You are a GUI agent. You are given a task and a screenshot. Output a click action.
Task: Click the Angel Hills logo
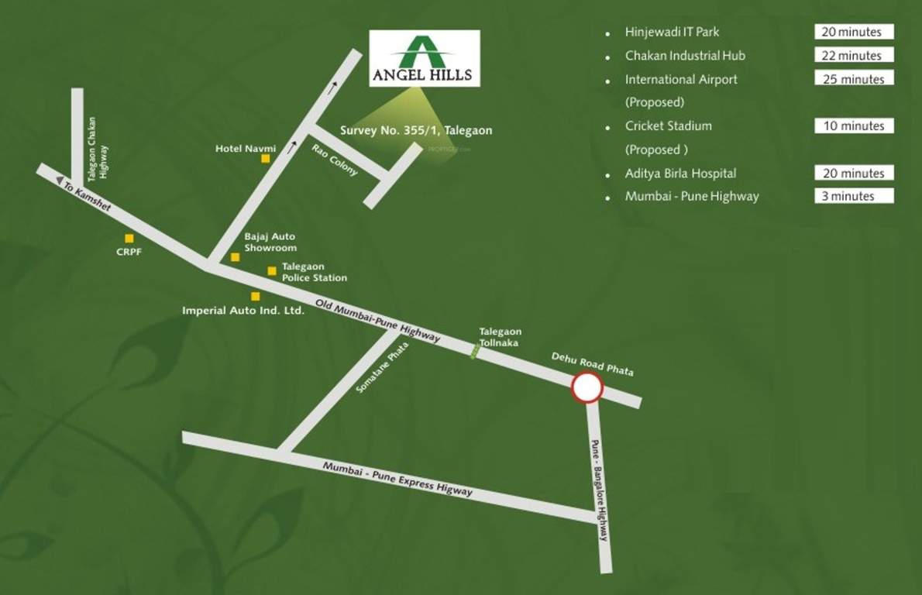(424, 58)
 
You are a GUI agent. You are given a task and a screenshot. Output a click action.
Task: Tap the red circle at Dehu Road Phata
(587, 388)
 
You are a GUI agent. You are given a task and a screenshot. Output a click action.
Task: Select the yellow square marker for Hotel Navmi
(265, 159)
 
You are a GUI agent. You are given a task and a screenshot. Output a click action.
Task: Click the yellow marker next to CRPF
(129, 239)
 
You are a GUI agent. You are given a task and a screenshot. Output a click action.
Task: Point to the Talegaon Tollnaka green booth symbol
(476, 351)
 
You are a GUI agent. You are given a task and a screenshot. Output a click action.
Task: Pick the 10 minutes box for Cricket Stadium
(853, 126)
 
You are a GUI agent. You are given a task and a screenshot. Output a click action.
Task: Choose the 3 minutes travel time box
(853, 196)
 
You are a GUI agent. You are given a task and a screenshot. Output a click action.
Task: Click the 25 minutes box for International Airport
(853, 79)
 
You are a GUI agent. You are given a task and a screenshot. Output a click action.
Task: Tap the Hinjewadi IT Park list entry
(672, 32)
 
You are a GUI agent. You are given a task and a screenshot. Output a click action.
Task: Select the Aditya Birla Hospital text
(680, 173)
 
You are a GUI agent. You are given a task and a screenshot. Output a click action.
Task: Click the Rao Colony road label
(335, 160)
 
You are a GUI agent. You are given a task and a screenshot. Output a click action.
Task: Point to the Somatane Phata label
(381, 366)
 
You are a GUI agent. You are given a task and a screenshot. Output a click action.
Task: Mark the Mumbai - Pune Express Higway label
(397, 480)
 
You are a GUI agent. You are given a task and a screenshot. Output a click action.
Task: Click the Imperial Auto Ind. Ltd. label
(243, 310)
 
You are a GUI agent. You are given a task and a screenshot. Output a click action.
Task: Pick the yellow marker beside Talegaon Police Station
(272, 270)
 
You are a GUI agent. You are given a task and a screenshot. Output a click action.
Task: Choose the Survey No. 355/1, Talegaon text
(416, 131)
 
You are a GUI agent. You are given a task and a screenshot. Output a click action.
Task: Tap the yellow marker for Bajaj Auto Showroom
(235, 256)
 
